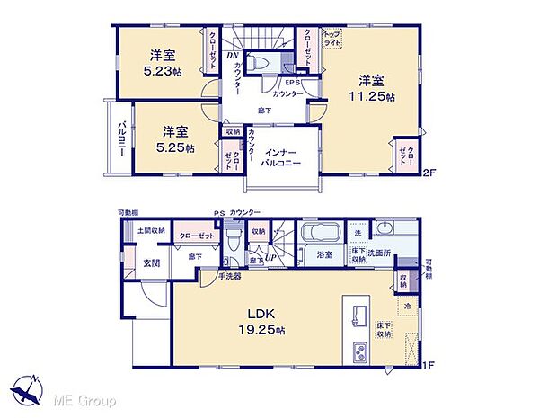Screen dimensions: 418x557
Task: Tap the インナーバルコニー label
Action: click(287, 158)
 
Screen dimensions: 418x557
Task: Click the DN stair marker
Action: click(232, 53)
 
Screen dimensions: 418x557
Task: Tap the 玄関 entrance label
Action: click(151, 263)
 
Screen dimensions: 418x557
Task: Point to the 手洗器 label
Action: click(232, 277)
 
